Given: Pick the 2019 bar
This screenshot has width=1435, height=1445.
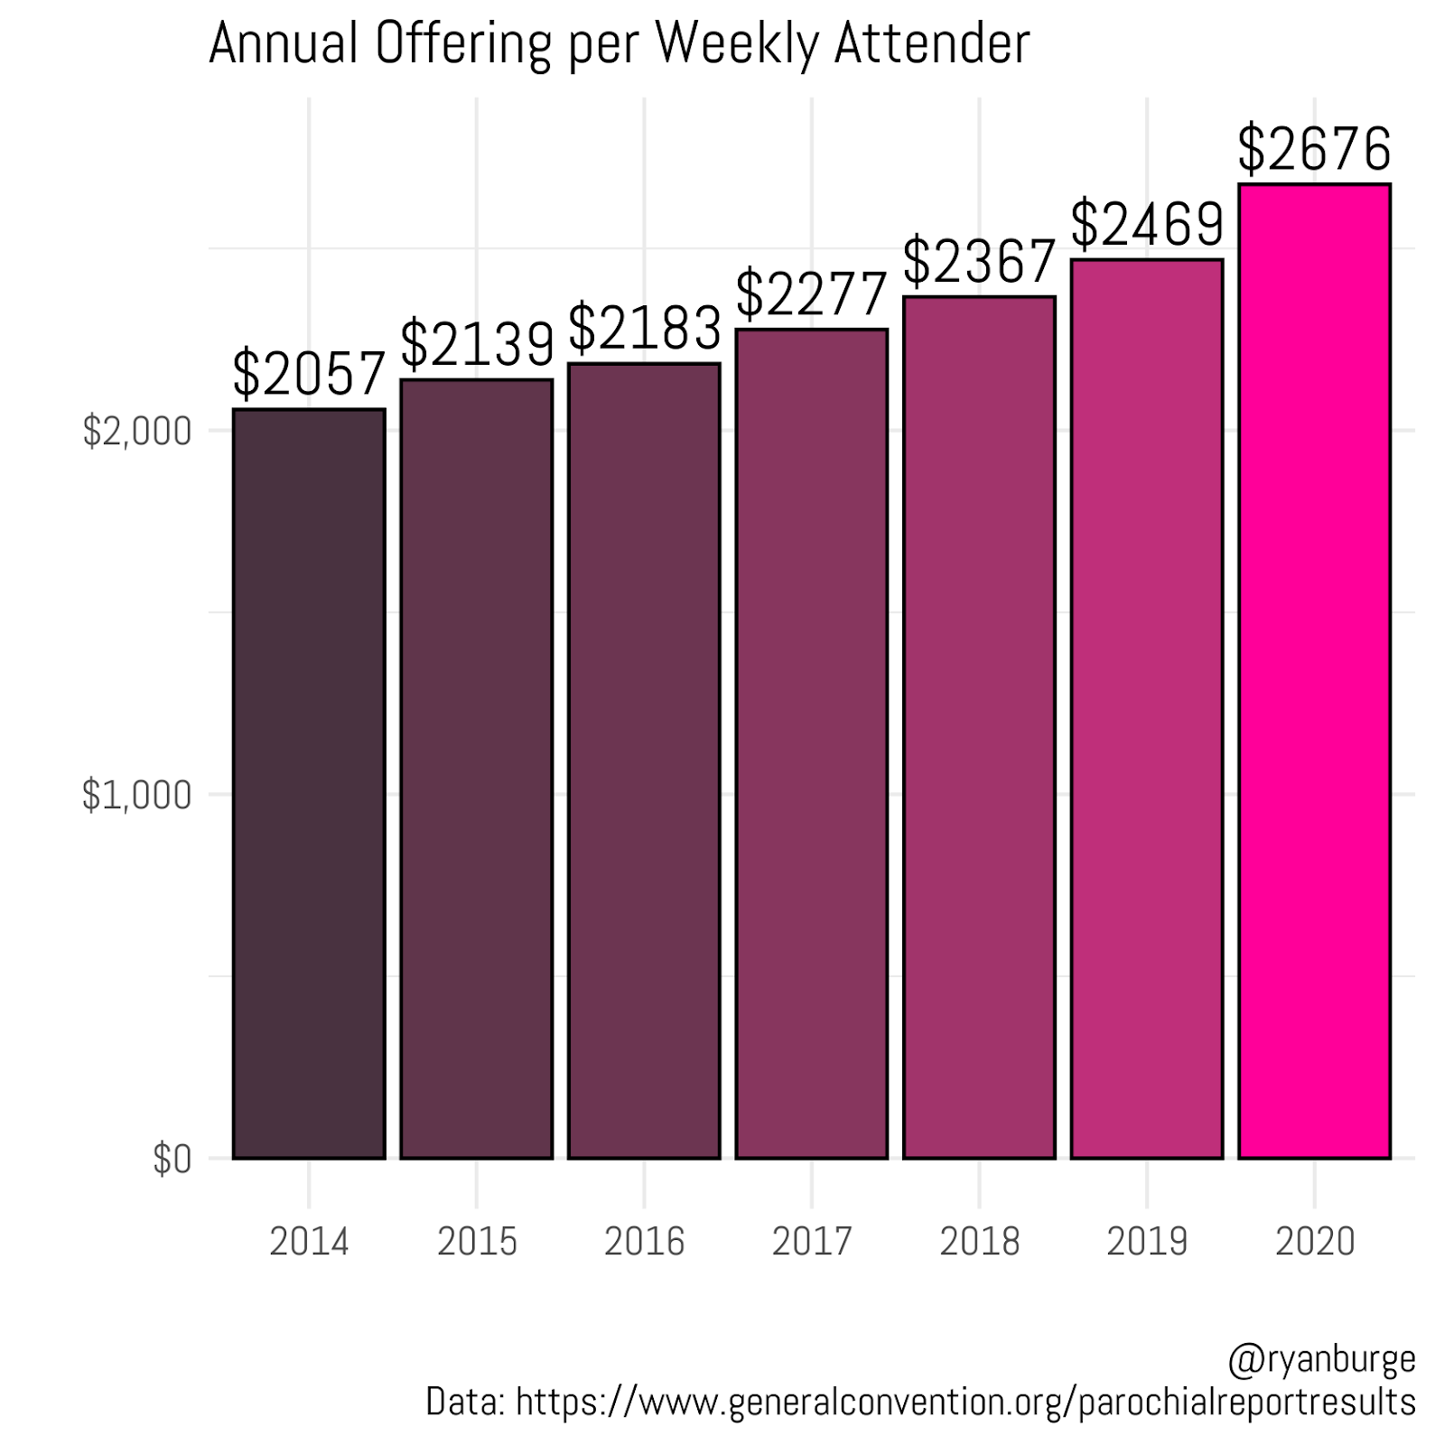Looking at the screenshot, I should [1147, 708].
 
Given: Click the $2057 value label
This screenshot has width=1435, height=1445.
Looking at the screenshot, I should [309, 374].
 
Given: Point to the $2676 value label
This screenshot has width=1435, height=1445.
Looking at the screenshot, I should [1314, 149].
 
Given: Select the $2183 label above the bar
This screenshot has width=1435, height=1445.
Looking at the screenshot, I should [645, 328].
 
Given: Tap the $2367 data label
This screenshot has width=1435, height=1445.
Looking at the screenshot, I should [980, 261].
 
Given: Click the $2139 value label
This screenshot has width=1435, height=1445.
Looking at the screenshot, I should [477, 344].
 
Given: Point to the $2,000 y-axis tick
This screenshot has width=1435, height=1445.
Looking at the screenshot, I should [137, 432].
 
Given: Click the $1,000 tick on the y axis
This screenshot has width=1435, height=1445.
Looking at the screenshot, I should [137, 796].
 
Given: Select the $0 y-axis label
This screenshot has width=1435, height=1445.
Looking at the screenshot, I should [172, 1160].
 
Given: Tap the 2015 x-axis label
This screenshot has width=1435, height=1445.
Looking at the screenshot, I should [477, 1242].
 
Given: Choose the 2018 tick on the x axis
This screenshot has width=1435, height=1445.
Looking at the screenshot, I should [980, 1242].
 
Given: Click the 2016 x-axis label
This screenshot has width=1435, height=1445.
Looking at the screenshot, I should [645, 1242].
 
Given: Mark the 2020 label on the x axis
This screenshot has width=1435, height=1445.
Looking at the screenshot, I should [1314, 1242].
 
